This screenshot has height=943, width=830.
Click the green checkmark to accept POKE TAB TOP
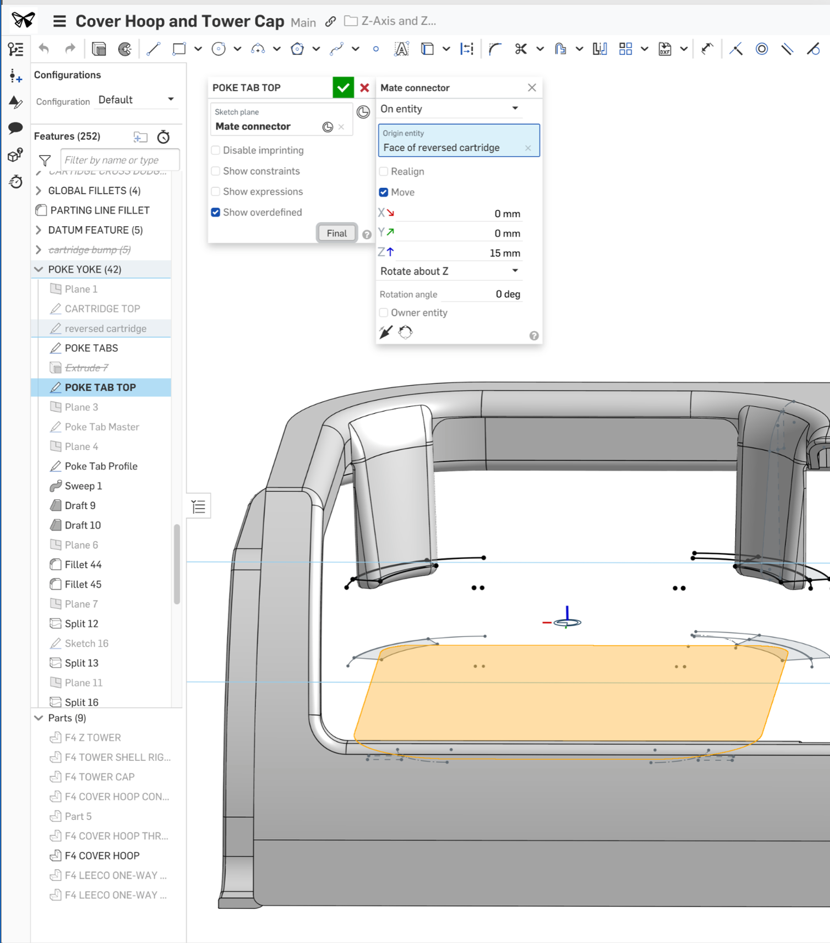[x=343, y=88]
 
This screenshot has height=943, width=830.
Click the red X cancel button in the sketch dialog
[x=365, y=88]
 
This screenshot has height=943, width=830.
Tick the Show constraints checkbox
[x=216, y=171]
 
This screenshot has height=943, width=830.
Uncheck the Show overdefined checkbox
[x=216, y=212]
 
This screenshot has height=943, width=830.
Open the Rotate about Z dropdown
[x=449, y=271]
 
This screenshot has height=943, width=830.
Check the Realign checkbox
[x=384, y=171]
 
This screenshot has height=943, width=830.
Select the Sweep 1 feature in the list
[x=83, y=486]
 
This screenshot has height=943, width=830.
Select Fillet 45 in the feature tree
[x=83, y=584]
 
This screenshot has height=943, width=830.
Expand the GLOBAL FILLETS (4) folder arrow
[x=38, y=190]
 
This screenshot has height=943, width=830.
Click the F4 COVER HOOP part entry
[x=102, y=855]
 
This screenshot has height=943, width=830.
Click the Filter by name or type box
[x=119, y=160]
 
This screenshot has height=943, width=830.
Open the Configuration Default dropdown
[x=136, y=100]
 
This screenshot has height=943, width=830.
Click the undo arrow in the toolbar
[x=44, y=49]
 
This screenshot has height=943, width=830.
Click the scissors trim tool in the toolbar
[x=521, y=49]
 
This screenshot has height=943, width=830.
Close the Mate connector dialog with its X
[x=532, y=88]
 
